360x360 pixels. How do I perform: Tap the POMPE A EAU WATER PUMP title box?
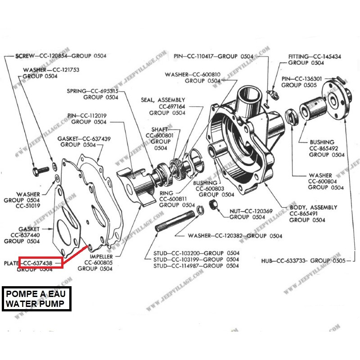pos(38,299)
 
